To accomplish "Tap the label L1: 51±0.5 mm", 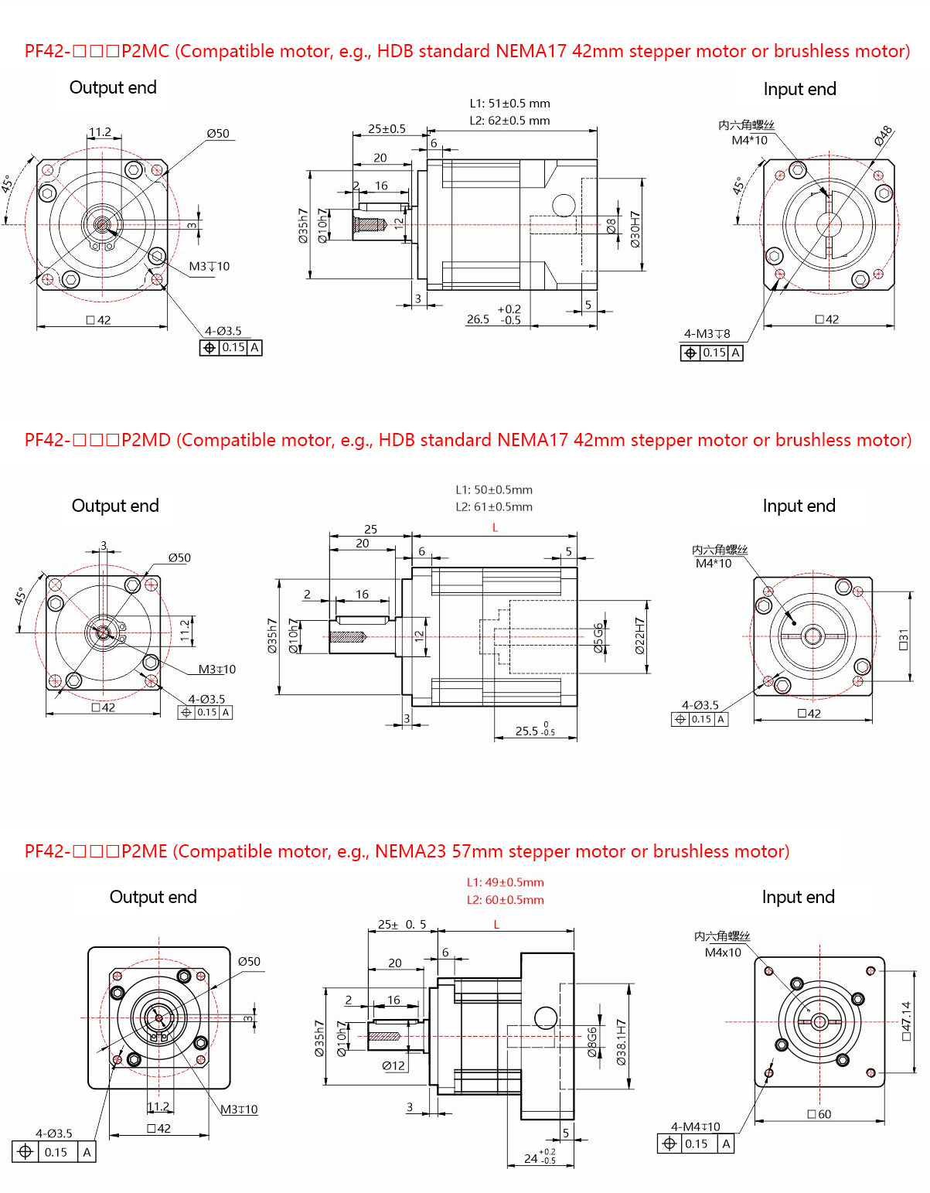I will pyautogui.click(x=509, y=104).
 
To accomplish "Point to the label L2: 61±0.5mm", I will pyautogui.click(x=494, y=507).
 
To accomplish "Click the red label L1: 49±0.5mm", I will pyautogui.click(x=505, y=882).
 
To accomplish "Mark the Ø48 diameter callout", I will pyautogui.click(x=883, y=136).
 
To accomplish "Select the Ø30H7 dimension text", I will pyautogui.click(x=635, y=229).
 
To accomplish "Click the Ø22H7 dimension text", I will pyautogui.click(x=639, y=636).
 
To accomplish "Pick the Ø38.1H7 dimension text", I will pyautogui.click(x=621, y=1042).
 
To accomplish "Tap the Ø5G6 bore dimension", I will pyautogui.click(x=598, y=638).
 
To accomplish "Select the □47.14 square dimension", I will pyautogui.click(x=906, y=1021).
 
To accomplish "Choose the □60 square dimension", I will pyautogui.click(x=819, y=1114).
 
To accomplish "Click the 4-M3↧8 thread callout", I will pyautogui.click(x=707, y=334).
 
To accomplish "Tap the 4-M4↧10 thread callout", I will pyautogui.click(x=695, y=1127).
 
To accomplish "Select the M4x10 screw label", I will pyautogui.click(x=723, y=953).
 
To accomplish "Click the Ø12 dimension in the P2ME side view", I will pyautogui.click(x=393, y=1065).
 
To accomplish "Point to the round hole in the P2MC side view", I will pyautogui.click(x=564, y=206).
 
